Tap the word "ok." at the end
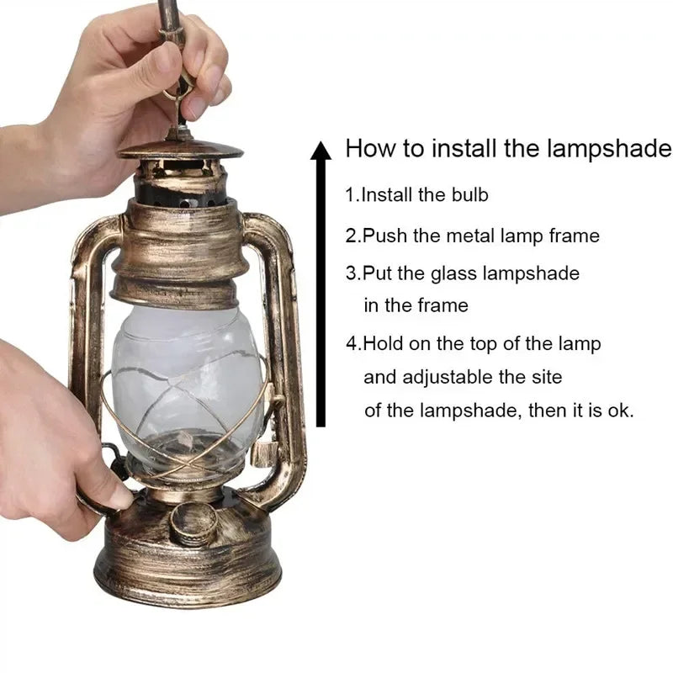621,411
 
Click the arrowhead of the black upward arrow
321,151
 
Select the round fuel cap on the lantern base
193,522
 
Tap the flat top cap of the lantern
181,150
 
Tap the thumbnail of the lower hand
121,498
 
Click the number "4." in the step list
354,343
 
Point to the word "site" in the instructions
547,377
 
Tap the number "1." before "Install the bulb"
352,195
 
